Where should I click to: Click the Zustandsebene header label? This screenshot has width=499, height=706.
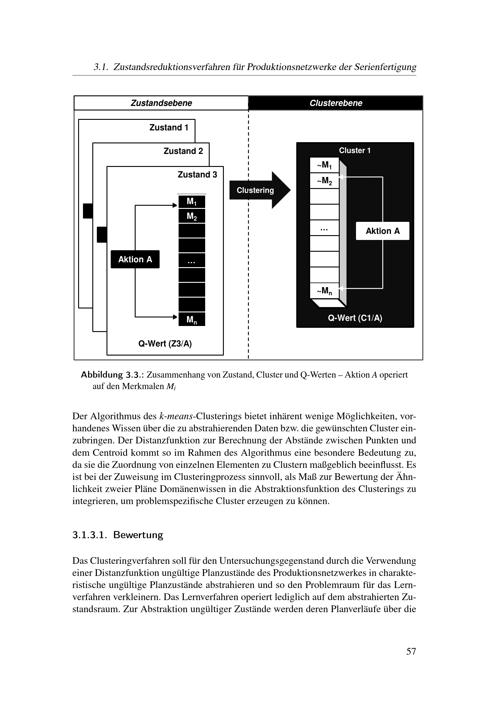pyautogui.click(x=161, y=103)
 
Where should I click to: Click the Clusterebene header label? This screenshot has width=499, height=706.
pyautogui.click(x=335, y=103)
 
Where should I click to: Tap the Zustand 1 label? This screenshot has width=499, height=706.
pyautogui.click(x=169, y=127)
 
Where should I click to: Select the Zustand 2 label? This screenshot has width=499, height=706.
pyautogui.click(x=183, y=151)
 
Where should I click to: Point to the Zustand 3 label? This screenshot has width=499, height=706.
pyautogui.click(x=197, y=175)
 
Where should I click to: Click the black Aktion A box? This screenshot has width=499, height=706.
pyautogui.click(x=135, y=259)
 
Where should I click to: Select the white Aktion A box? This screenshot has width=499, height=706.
pyautogui.click(x=383, y=231)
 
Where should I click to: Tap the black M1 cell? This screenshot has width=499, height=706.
pyautogui.click(x=192, y=202)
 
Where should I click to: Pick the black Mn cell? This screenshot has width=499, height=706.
pyautogui.click(x=192, y=319)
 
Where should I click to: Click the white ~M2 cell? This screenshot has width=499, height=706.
pyautogui.click(x=324, y=181)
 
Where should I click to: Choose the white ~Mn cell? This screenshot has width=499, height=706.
pyautogui.click(x=324, y=291)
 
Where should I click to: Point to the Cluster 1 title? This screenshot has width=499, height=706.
pyautogui.click(x=354, y=150)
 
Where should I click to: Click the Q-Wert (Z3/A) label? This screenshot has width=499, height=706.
pyautogui.click(x=165, y=343)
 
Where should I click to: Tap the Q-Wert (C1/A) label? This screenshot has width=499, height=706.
pyautogui.click(x=355, y=318)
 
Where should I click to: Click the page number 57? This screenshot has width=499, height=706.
pyautogui.click(x=411, y=651)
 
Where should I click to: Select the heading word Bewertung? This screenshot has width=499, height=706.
pyautogui.click(x=138, y=535)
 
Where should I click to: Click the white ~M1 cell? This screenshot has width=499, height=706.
pyautogui.click(x=324, y=165)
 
